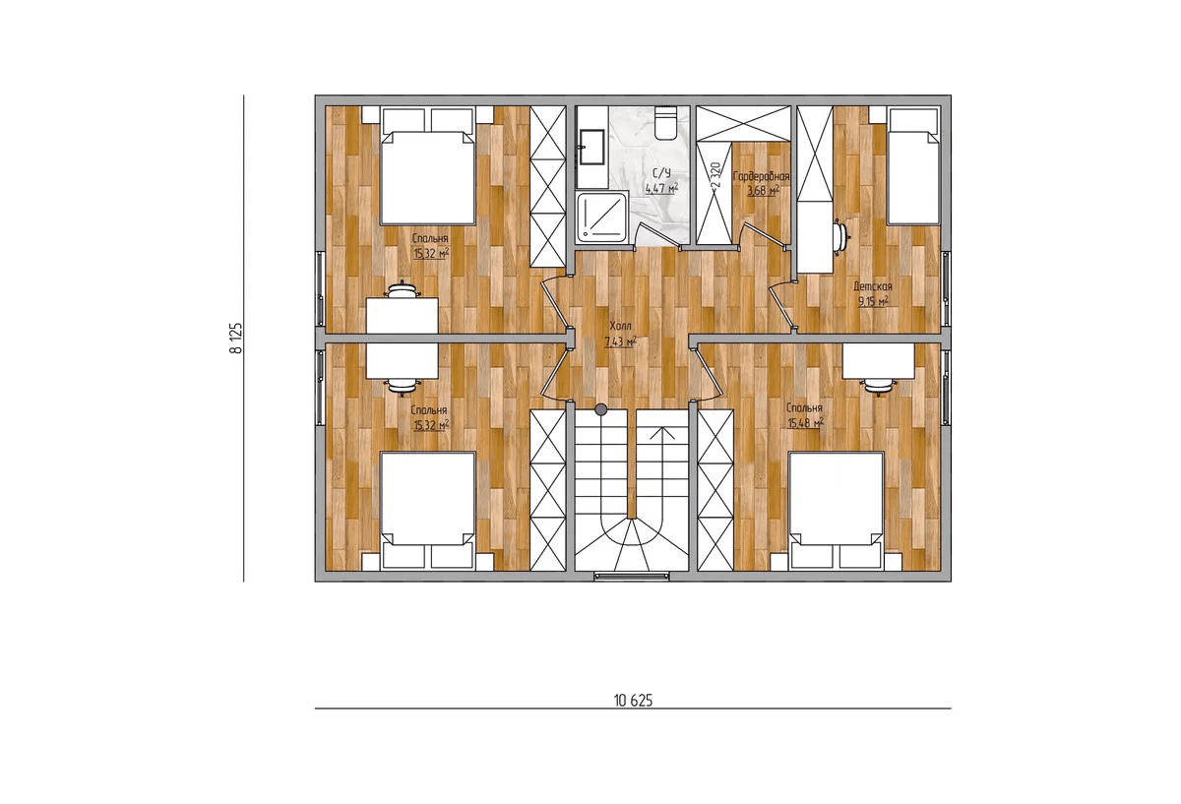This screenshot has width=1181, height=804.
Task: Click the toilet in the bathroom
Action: pyautogui.click(x=665, y=123)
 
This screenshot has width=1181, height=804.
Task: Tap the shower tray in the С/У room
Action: pyautogui.click(x=602, y=217)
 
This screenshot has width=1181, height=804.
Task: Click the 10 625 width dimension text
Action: pyautogui.click(x=633, y=700)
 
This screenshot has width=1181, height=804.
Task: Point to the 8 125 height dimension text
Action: pyautogui.click(x=235, y=338)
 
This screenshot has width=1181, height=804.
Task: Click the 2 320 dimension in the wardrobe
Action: pyautogui.click(x=715, y=176)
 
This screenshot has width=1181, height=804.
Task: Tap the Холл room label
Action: pyautogui.click(x=620, y=326)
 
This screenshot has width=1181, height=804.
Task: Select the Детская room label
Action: pyautogui.click(x=873, y=286)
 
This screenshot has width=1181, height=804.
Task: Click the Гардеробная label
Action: pyautogui.click(x=762, y=176)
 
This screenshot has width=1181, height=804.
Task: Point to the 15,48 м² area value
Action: pyautogui.click(x=806, y=423)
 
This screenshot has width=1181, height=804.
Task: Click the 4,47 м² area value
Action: pyautogui.click(x=661, y=188)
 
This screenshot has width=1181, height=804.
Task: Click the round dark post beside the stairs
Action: pyautogui.click(x=600, y=409)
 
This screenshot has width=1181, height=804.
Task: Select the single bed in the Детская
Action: pyautogui.click(x=913, y=173)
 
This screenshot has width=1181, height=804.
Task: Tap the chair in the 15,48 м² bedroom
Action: pyautogui.click(x=878, y=387)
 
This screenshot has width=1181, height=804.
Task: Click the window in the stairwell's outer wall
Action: pyautogui.click(x=632, y=576)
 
